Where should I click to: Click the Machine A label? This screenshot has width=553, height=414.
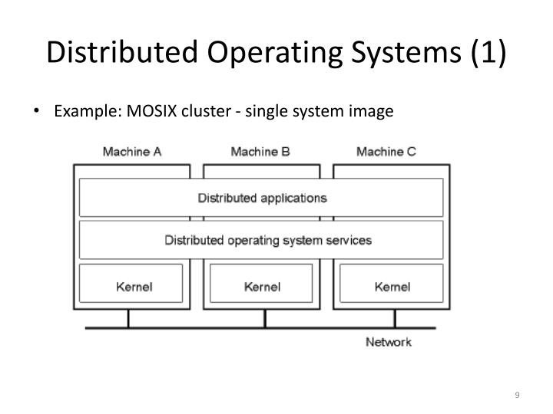click(132, 152)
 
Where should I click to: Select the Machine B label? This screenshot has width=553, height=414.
click(260, 152)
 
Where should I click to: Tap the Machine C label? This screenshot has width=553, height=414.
click(386, 152)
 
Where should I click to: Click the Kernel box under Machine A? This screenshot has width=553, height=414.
click(131, 287)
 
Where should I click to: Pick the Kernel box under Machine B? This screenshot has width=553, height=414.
click(261, 287)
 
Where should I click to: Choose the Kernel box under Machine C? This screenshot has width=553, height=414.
click(392, 287)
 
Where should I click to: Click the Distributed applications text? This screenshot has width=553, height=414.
click(262, 198)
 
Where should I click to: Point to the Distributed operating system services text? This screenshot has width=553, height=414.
click(268, 240)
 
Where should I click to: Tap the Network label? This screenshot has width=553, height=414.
click(388, 342)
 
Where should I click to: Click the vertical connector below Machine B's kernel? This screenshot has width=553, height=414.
click(261, 318)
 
